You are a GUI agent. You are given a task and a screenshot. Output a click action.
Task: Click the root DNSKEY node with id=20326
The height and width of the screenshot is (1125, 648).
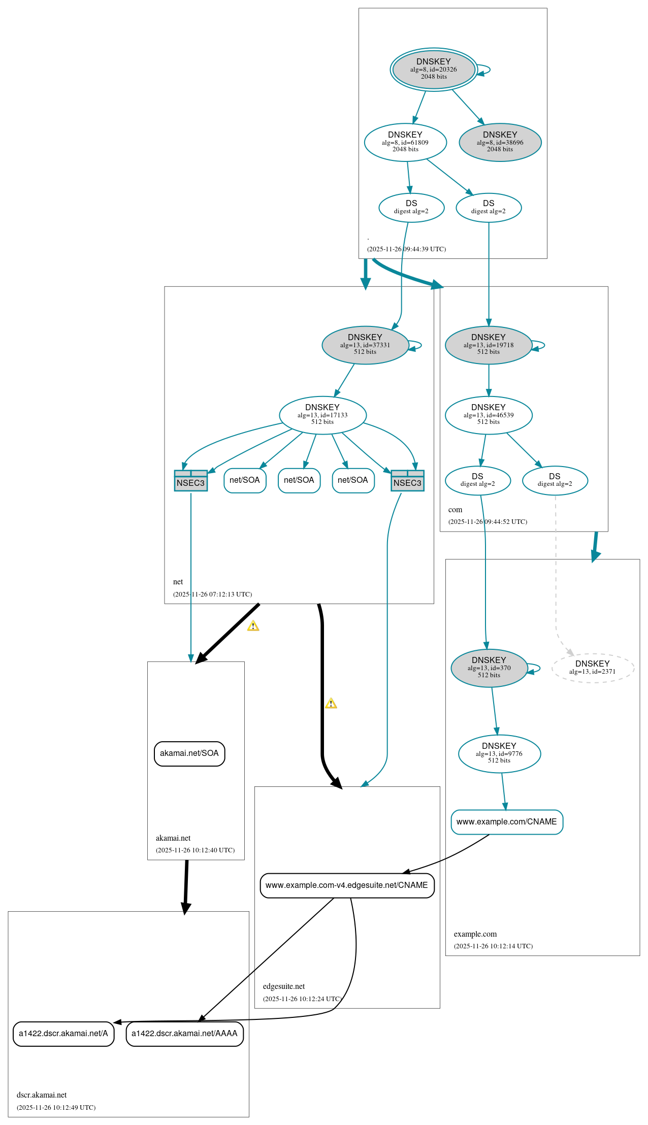coord(433,70)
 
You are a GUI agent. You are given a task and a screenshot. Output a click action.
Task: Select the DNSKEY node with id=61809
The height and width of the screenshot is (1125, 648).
coord(405,142)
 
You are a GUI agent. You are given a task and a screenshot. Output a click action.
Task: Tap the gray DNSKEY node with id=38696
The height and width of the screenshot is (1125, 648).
coord(500,142)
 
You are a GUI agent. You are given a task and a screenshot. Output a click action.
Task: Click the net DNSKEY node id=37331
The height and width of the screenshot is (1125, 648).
coord(365,345)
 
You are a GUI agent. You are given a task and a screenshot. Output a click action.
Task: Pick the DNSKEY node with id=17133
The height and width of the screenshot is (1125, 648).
coord(322,415)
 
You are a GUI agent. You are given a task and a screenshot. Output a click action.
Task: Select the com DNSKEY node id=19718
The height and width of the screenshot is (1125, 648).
coord(488,345)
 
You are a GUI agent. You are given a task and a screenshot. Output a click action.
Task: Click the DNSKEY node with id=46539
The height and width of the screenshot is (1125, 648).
coord(488,415)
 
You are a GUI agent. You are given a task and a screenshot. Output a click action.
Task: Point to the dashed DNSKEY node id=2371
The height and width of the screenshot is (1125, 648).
coord(592,668)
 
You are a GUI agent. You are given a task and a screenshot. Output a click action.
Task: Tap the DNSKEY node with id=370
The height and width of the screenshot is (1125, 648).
coord(489,668)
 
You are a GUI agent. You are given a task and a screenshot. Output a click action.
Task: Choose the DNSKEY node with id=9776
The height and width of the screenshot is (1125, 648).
coord(499,753)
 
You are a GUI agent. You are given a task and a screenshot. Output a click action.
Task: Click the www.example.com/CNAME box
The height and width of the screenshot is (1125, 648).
coord(506,821)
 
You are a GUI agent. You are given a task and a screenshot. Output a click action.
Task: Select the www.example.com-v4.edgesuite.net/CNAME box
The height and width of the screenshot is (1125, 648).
coord(347,885)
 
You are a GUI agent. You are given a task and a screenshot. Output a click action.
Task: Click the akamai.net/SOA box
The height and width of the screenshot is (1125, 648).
coord(189,753)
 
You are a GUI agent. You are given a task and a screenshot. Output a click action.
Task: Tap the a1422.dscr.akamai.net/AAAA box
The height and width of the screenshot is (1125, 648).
coord(184,1034)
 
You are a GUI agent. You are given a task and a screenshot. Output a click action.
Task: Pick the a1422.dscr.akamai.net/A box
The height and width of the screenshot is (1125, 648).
coord(63,1034)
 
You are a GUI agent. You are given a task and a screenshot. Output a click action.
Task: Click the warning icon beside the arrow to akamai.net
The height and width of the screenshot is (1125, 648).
coord(253,626)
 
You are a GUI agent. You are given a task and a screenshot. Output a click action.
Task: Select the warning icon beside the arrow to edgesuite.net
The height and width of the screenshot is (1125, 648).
coord(331,703)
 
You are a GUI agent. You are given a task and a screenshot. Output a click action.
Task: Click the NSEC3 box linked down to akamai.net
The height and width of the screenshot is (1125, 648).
coord(190,480)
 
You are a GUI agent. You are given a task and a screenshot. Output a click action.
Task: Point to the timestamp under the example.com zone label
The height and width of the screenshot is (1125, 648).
coord(493,946)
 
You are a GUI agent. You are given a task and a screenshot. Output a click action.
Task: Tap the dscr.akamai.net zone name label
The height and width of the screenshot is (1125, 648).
coord(42,1095)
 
